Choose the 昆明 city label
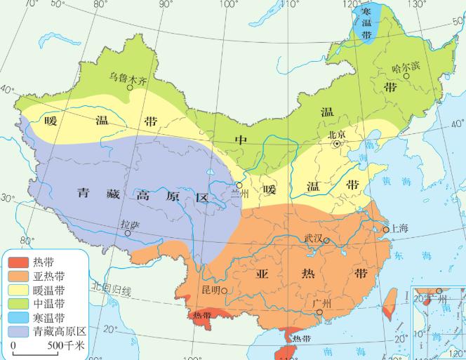point(211,289)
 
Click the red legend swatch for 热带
point(19,262)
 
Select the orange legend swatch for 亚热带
point(19,276)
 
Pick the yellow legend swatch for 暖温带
point(19,289)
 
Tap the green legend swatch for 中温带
point(19,303)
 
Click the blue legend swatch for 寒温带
point(19,316)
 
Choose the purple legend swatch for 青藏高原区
point(19,330)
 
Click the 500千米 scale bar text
point(65,346)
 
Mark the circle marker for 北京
point(338,143)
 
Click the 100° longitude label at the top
point(229,5)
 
